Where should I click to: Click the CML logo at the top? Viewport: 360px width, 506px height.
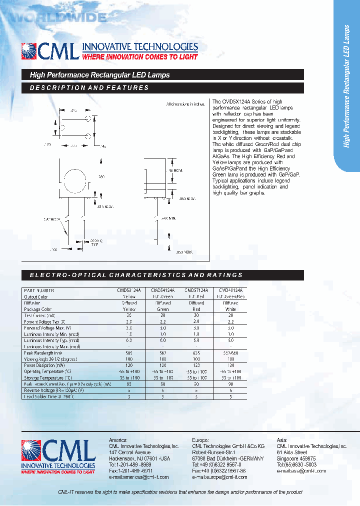50,51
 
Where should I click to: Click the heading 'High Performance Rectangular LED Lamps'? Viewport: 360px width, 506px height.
100,75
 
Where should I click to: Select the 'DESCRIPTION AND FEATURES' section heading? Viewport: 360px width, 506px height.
89,88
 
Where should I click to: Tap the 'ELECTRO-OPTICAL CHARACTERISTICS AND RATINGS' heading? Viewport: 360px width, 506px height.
136,275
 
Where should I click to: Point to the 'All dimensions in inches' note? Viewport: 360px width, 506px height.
185,104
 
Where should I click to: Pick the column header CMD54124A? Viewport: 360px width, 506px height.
163,290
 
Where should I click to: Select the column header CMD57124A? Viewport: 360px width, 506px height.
196,290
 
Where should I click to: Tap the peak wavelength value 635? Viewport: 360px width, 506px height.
196,353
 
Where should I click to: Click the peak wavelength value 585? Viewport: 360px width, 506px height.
129,353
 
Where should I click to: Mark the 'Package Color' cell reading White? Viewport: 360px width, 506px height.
230,309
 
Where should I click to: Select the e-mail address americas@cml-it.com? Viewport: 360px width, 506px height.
138,477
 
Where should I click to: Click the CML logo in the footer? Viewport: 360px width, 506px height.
58,455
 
